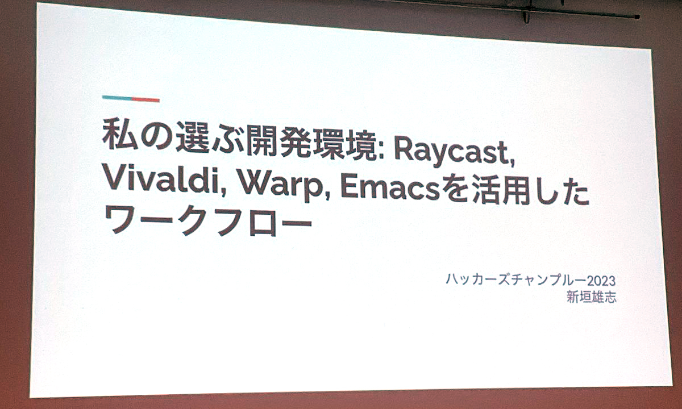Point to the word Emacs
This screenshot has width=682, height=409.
(x=390, y=189)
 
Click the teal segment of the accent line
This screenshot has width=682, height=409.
(x=117, y=98)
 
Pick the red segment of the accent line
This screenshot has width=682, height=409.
(x=145, y=99)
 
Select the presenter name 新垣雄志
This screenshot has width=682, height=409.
(x=591, y=297)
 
